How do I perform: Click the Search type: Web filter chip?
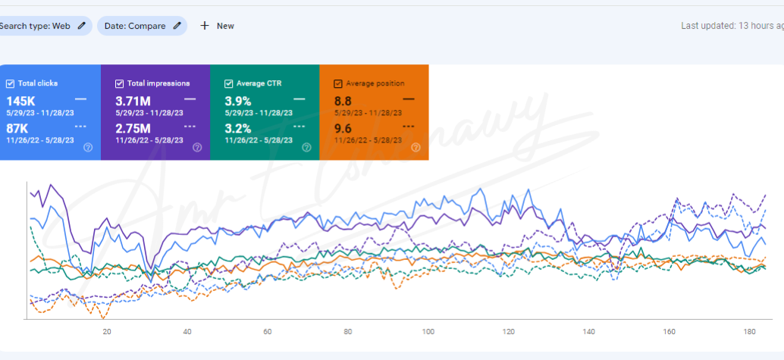42,26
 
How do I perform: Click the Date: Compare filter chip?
142,26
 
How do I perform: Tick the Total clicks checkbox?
10,83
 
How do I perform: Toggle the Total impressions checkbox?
120,83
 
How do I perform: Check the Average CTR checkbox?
229,83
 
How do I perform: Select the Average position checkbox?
338,83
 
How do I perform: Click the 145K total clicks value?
21,101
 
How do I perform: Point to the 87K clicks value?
17,128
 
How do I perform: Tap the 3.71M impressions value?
133,101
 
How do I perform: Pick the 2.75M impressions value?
133,128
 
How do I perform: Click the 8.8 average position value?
343,101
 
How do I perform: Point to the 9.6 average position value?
343,128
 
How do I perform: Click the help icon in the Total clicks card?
88,148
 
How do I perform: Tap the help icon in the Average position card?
416,148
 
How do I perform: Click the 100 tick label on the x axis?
428,331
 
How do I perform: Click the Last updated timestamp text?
732,26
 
